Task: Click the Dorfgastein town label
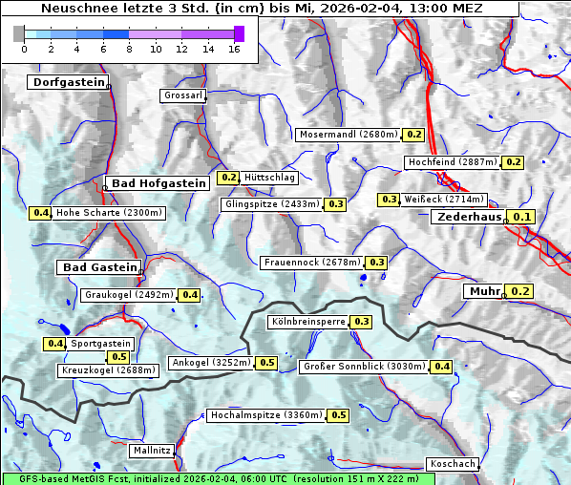[x=68, y=83]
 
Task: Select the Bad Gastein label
[x=99, y=267]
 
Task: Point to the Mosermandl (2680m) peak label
[x=349, y=135]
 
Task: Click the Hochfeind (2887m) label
[x=453, y=162]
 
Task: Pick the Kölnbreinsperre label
[x=307, y=322]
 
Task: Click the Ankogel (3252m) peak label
[x=211, y=363]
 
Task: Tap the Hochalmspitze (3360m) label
[x=266, y=415]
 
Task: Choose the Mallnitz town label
[x=152, y=450]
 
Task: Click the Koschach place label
[x=453, y=464]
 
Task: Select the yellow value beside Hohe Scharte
[x=40, y=213]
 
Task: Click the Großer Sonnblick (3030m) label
[x=364, y=367]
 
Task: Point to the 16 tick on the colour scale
[x=233, y=49]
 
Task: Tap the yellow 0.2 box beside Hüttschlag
[x=229, y=178]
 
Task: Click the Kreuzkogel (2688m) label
[x=107, y=370]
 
